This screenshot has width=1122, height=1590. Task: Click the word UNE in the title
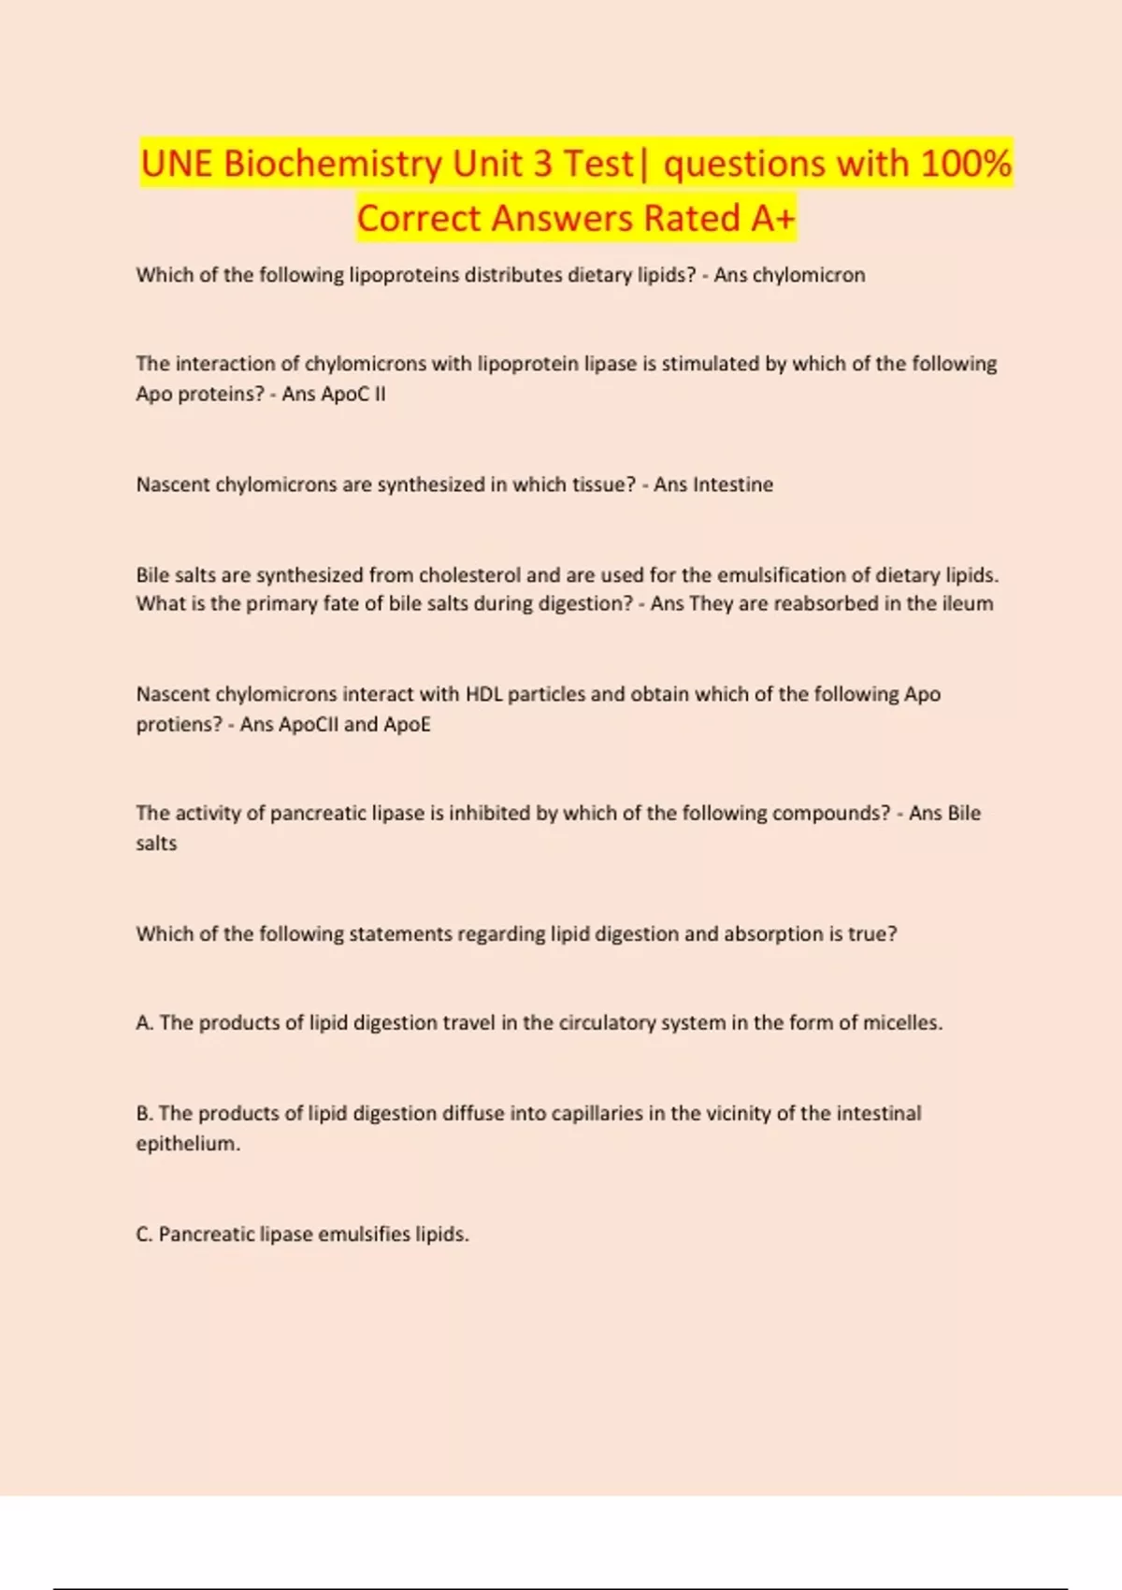click(x=177, y=165)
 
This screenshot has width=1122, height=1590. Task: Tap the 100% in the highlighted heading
click(x=965, y=165)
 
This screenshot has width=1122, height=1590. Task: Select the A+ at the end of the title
click(x=772, y=219)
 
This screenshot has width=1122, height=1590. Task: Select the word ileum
click(x=968, y=603)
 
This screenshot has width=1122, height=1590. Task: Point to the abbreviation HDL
click(x=483, y=694)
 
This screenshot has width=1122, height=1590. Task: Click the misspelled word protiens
click(x=179, y=724)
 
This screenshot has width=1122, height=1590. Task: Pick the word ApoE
click(x=407, y=724)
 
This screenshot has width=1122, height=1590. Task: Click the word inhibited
click(x=489, y=813)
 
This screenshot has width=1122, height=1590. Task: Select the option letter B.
click(x=144, y=1113)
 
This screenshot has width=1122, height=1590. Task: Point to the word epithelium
click(x=187, y=1143)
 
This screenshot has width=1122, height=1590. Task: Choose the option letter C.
click(x=144, y=1235)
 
